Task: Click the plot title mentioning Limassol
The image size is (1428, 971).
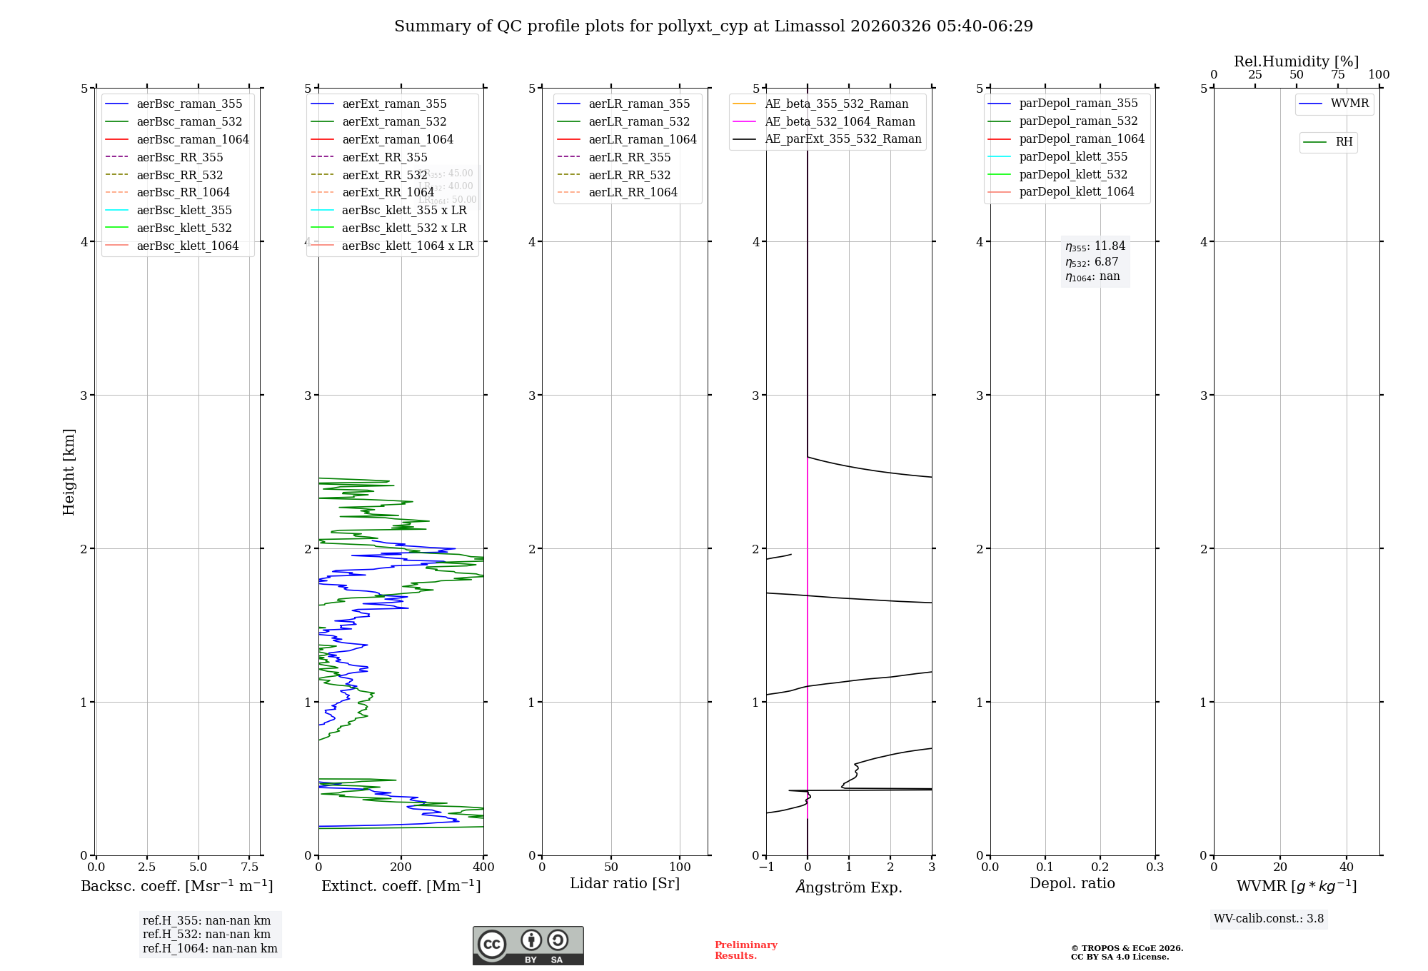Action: click(x=713, y=26)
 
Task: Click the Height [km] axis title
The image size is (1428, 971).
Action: click(x=69, y=471)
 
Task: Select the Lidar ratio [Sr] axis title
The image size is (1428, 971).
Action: click(x=625, y=883)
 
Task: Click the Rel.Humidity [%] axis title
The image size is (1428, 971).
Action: click(x=1296, y=61)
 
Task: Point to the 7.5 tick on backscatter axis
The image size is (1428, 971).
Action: click(x=249, y=867)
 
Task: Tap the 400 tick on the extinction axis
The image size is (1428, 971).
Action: click(x=483, y=867)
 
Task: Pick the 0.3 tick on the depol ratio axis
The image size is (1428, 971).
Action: click(x=1155, y=867)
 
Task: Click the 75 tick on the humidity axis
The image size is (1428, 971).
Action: click(x=1337, y=75)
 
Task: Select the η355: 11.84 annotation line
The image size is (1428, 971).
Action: click(x=1095, y=246)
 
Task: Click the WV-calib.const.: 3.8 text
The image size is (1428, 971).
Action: click(x=1269, y=919)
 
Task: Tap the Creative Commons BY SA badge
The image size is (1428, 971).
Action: click(x=528, y=945)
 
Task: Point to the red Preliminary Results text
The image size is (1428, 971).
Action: click(x=745, y=950)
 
